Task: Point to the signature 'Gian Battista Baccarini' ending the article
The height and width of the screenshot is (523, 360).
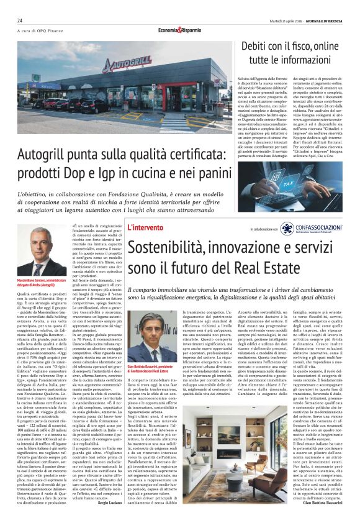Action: coord(323,501)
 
